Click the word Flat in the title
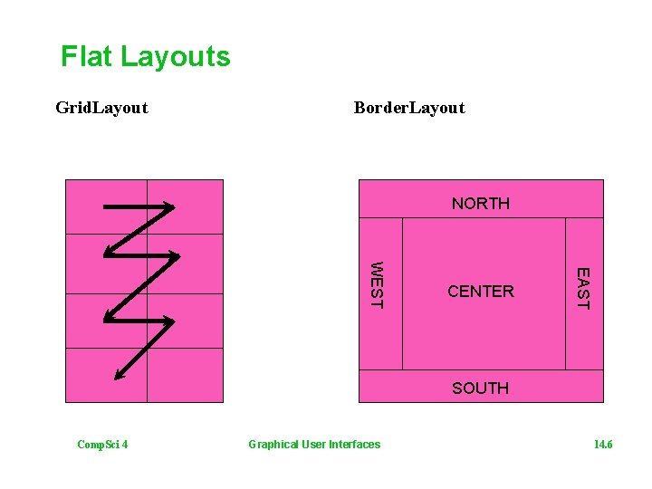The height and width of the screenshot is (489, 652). pos(86,57)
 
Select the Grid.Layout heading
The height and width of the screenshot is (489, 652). pos(101,108)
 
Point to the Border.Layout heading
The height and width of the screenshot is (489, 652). pos(409,108)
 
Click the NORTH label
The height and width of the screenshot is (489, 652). pos(481,203)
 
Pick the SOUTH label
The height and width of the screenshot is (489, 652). pos(480,388)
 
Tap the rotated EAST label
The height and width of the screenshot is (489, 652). pos(583,288)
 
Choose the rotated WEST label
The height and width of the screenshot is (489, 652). pos(378,284)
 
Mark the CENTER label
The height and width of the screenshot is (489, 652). pos(481,291)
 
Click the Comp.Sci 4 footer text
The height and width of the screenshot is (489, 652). pos(102,444)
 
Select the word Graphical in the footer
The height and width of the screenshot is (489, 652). pos(273,444)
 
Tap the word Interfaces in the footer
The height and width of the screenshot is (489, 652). pos(355,444)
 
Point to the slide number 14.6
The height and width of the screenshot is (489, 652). pos(603,444)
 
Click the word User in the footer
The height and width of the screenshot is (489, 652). pos(314,444)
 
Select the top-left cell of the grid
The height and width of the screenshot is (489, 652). pos(107,206)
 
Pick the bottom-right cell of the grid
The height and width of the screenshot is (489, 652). pos(185,375)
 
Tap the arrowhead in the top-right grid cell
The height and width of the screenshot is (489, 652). pos(169,209)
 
